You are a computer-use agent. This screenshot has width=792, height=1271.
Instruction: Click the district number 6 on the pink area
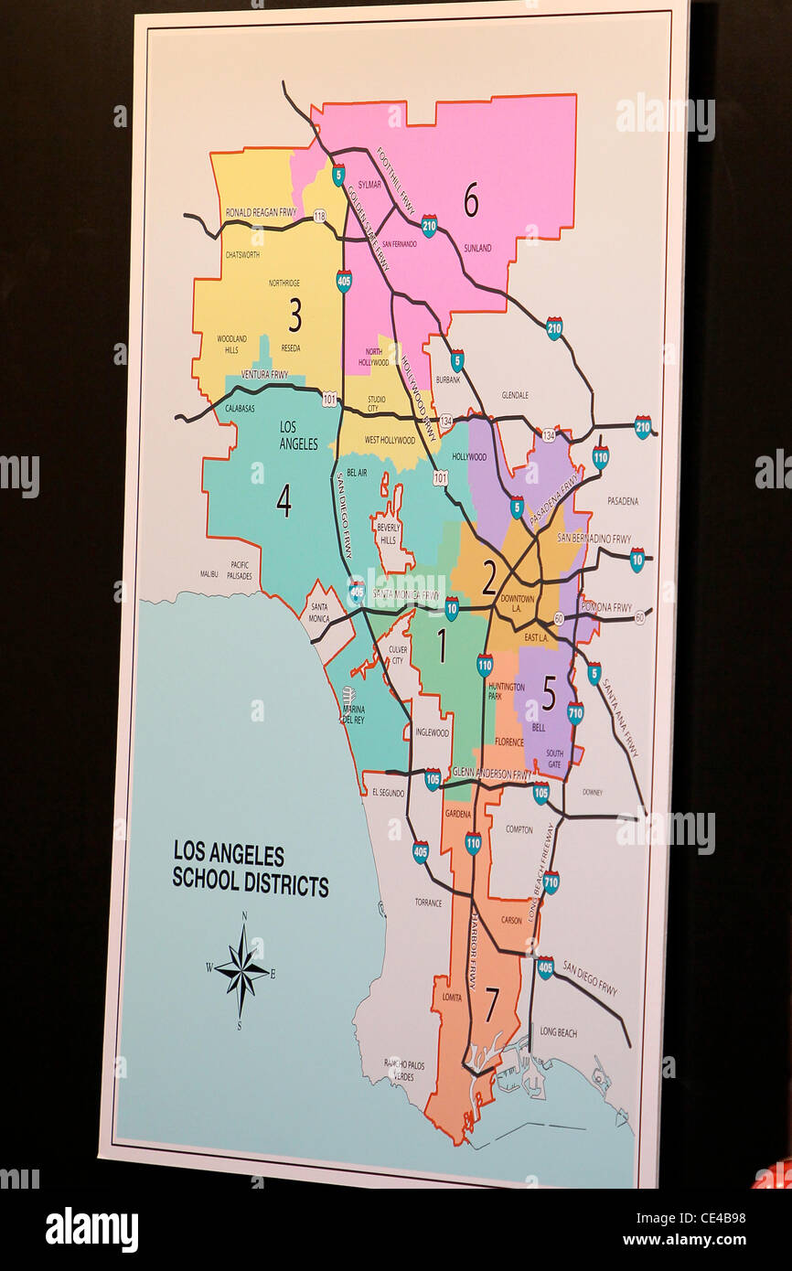pos(470,199)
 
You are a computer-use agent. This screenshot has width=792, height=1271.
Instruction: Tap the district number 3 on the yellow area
pos(294,315)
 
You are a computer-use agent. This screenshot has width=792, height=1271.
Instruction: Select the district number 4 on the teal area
pos(284,500)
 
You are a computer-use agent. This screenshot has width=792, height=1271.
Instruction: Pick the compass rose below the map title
pos(242,970)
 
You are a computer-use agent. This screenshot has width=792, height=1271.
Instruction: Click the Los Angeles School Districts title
pos(250,870)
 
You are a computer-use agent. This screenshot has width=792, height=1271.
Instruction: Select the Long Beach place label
pos(558,1032)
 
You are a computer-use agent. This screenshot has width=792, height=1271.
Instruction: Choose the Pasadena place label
pos(622,501)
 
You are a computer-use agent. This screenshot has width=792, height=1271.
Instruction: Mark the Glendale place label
pos(515,395)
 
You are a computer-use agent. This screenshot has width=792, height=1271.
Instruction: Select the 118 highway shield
pos(319,216)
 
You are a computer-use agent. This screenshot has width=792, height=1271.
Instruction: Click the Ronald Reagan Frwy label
pos(263,212)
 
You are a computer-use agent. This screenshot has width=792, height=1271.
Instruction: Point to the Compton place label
pos(519,829)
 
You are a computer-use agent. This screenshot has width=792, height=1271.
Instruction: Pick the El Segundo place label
pos(389,793)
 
